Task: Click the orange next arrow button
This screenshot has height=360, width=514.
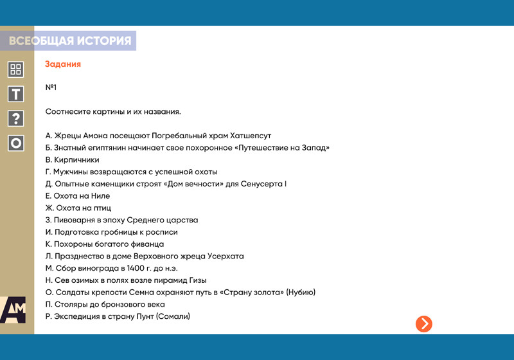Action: pos(424,324)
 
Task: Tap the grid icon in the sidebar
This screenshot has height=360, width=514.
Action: pos(15,69)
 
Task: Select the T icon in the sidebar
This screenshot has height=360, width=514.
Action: pos(15,94)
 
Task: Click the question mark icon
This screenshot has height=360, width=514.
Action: pos(15,118)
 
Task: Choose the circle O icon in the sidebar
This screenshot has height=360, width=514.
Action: pos(15,143)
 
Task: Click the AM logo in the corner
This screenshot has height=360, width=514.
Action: pos(13,310)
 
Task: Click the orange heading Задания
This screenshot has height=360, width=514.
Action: pos(63,64)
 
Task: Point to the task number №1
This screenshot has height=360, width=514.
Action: pos(51,87)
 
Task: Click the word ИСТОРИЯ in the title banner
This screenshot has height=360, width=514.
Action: pos(104,40)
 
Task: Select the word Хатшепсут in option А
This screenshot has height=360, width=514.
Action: pos(251,136)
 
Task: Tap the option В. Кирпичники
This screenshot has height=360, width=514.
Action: pos(72,160)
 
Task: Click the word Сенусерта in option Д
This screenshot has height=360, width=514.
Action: pos(261,184)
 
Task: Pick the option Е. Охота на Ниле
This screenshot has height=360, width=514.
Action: pos(78,196)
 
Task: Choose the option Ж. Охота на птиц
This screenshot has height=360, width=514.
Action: pos(78,208)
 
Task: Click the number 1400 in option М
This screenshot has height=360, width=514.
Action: pos(136,268)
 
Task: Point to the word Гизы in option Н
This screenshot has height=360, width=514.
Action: pos(198,280)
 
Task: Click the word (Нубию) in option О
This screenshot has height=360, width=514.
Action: pos(301,292)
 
